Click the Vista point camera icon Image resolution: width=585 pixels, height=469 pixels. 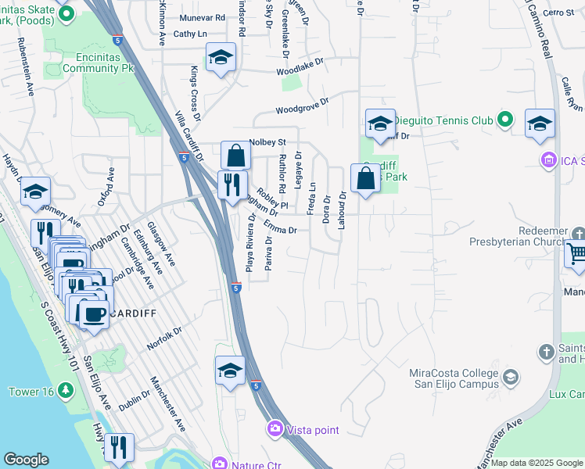[x=275, y=428]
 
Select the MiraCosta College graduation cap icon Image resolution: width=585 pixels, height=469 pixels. [x=511, y=378]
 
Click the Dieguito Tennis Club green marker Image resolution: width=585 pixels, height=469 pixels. [x=505, y=120]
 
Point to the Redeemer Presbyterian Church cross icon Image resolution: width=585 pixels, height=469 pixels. [x=579, y=235]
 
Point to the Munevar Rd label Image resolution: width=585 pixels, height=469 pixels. [x=201, y=16]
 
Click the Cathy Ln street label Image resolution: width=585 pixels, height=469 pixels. [x=190, y=34]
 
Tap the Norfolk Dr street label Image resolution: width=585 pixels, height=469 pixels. [x=164, y=338]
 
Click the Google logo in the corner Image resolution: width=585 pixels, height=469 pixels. [x=26, y=460]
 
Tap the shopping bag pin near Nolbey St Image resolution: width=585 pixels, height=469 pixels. [x=235, y=156]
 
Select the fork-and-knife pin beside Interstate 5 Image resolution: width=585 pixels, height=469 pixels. [x=231, y=185]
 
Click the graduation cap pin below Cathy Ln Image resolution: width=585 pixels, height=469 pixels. [x=221, y=57]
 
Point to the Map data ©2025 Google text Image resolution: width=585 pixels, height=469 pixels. [x=537, y=463]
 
